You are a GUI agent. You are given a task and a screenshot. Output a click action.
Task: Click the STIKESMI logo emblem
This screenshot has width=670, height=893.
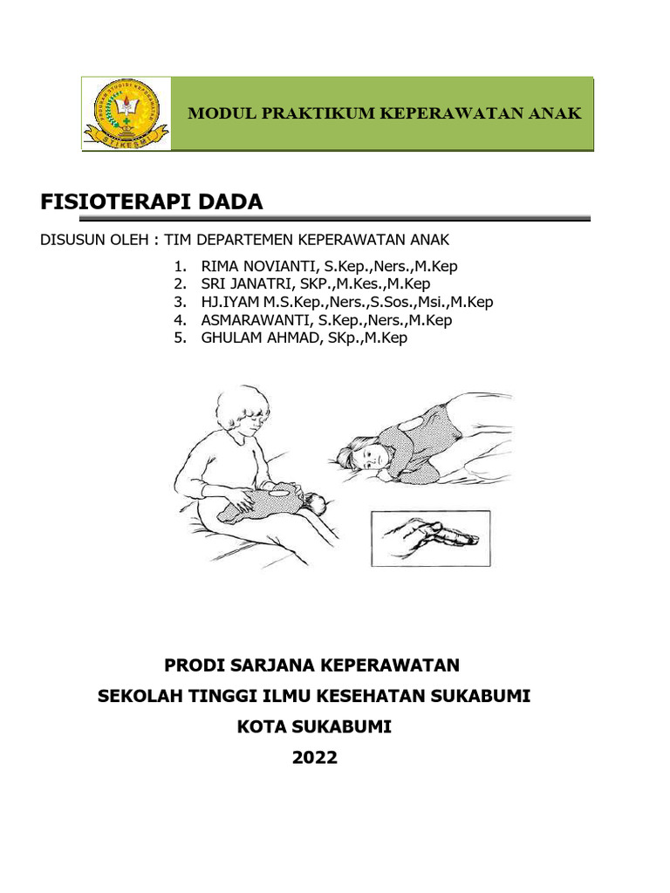126,113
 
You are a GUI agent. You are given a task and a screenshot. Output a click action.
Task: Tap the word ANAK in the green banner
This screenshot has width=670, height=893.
556,113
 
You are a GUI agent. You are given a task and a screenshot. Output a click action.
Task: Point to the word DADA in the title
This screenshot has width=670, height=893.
229,202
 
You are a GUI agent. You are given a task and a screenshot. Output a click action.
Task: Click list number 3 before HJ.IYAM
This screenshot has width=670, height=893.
179,303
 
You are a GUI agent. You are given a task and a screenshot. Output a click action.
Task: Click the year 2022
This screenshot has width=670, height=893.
314,758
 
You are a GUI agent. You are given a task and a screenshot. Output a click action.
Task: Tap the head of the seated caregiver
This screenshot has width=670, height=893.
243,413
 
